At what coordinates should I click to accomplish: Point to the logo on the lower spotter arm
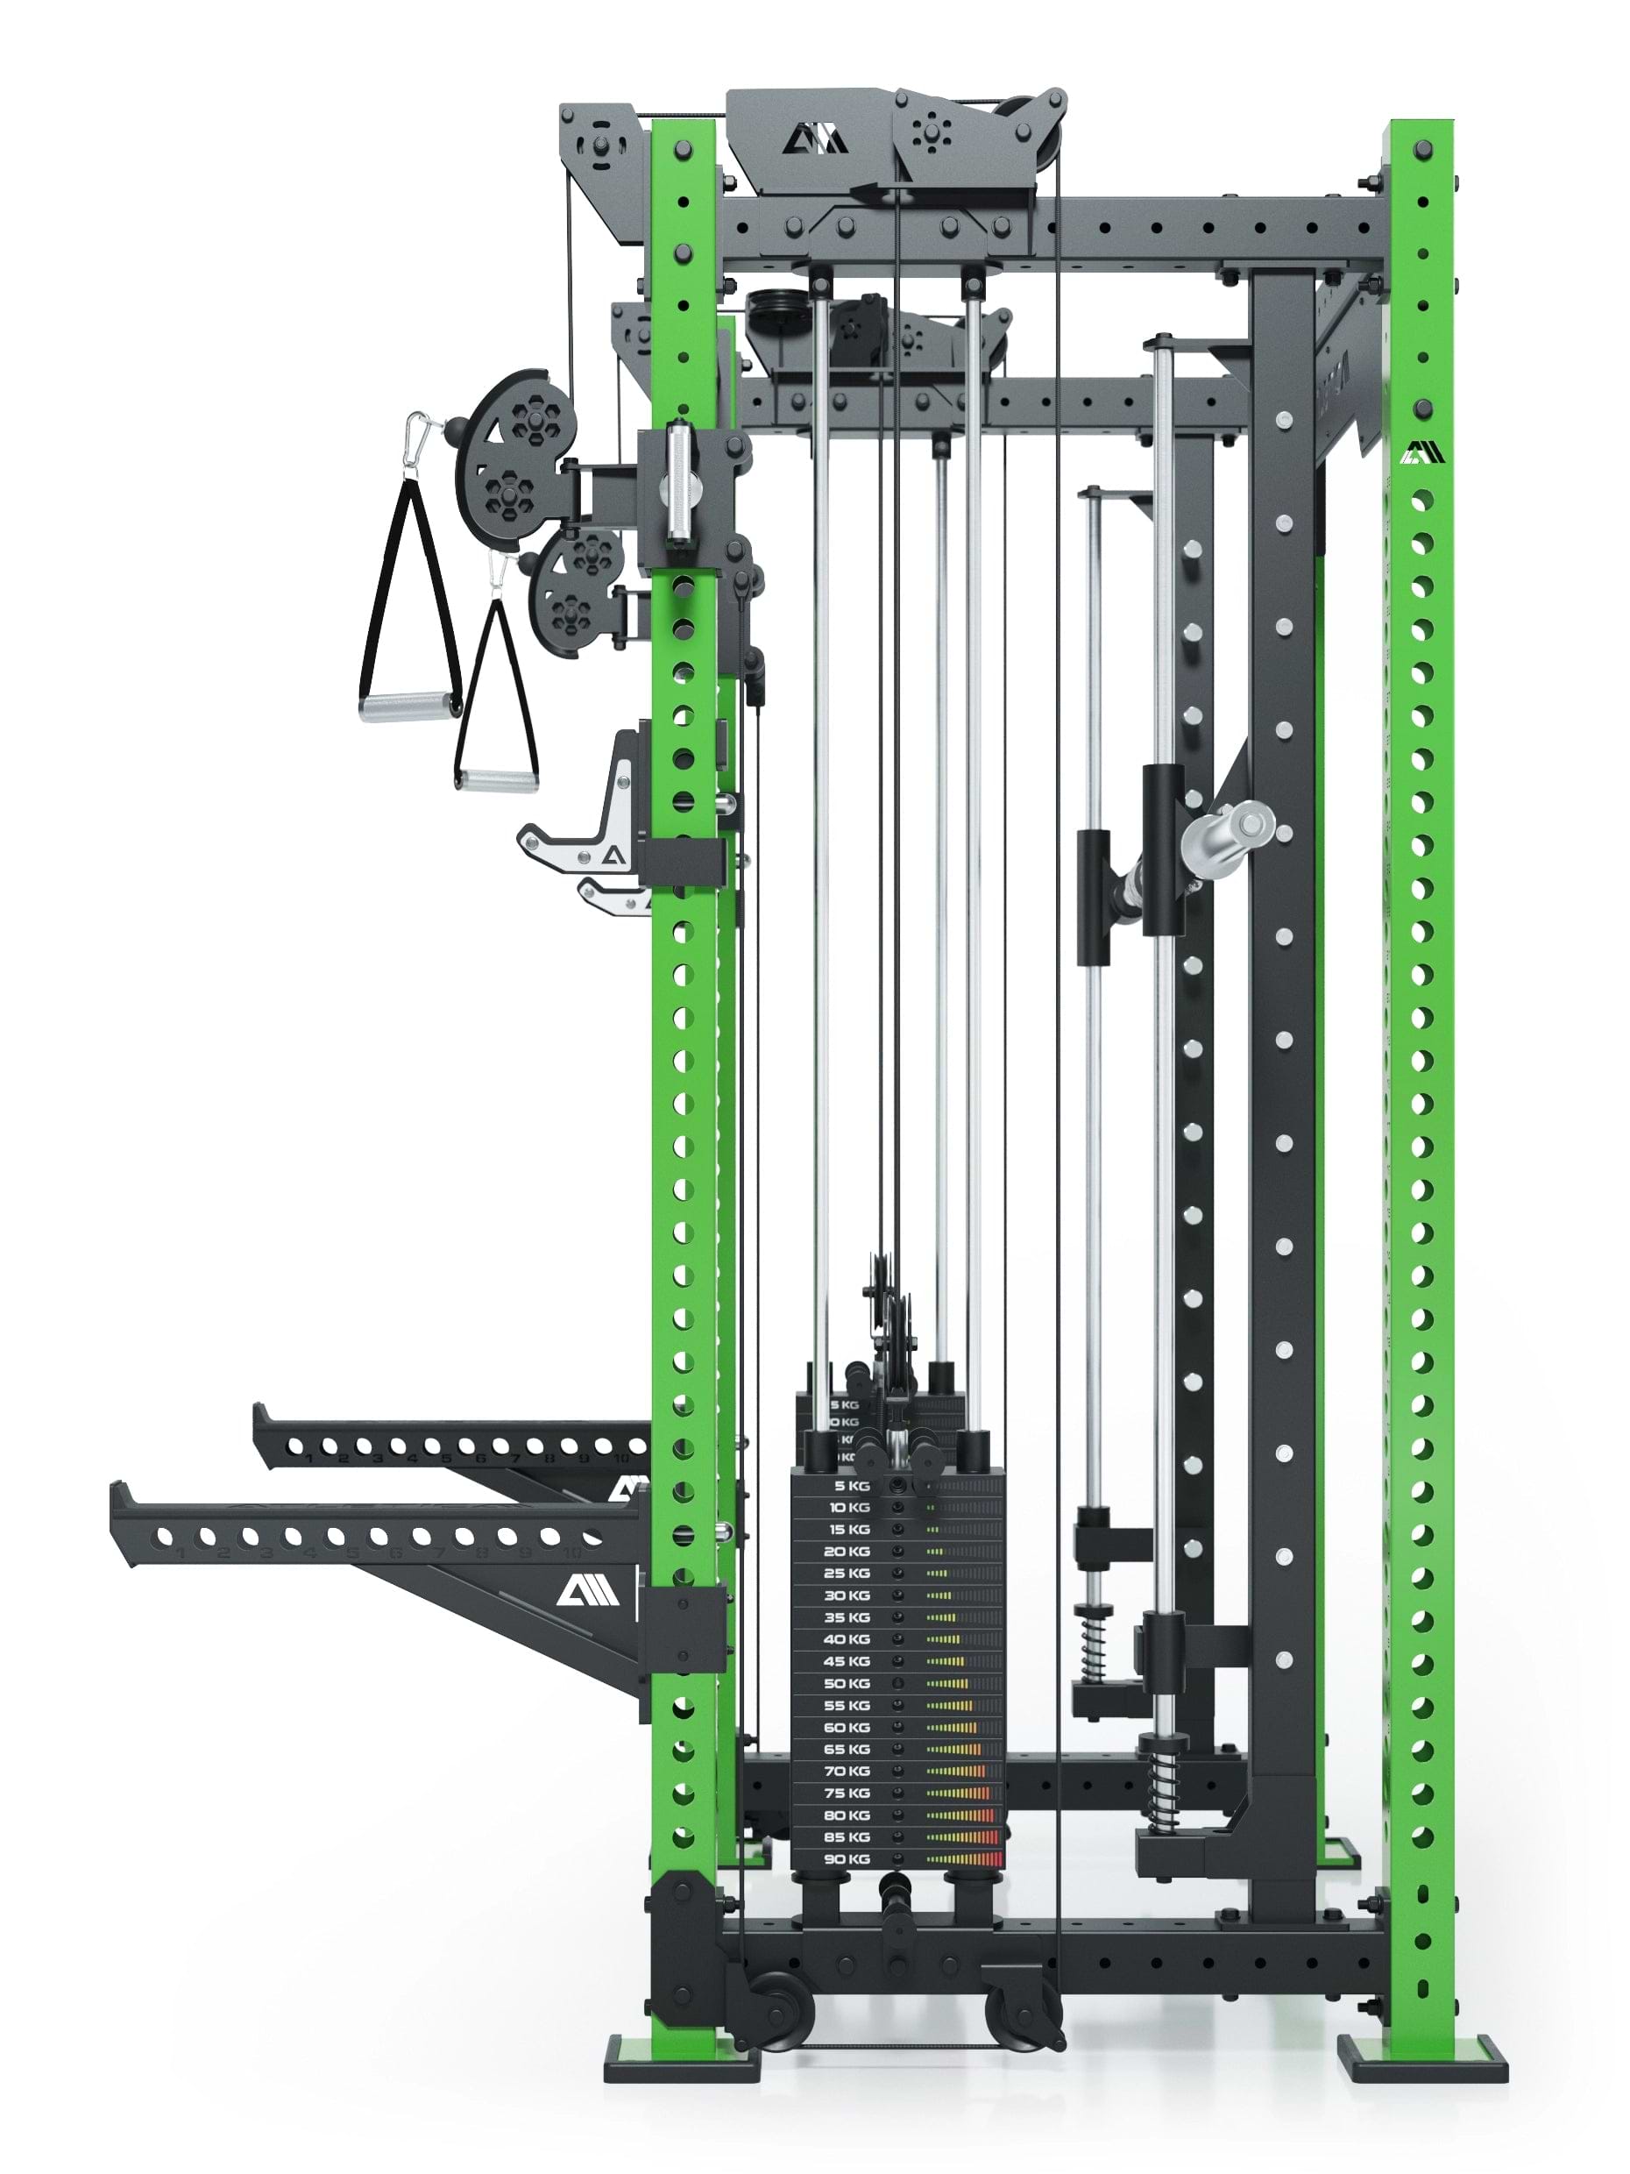[x=587, y=1589]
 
